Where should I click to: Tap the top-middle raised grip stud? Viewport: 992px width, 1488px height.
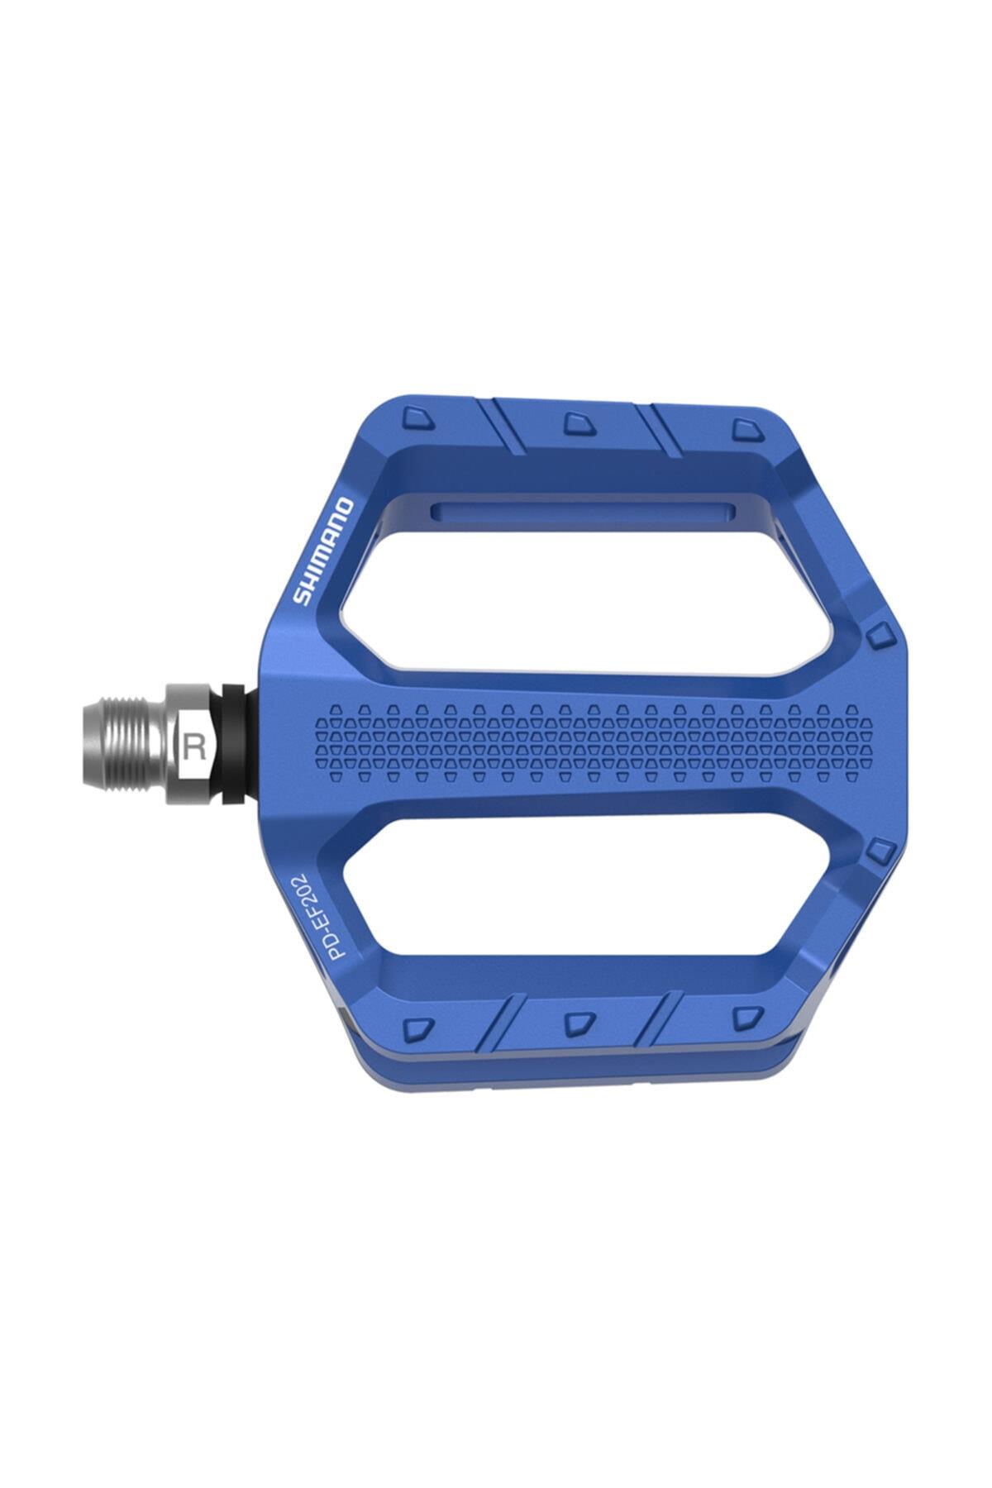(575, 423)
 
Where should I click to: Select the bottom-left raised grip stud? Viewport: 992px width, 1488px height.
(418, 1028)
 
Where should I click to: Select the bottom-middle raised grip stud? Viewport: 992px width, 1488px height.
(575, 1023)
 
